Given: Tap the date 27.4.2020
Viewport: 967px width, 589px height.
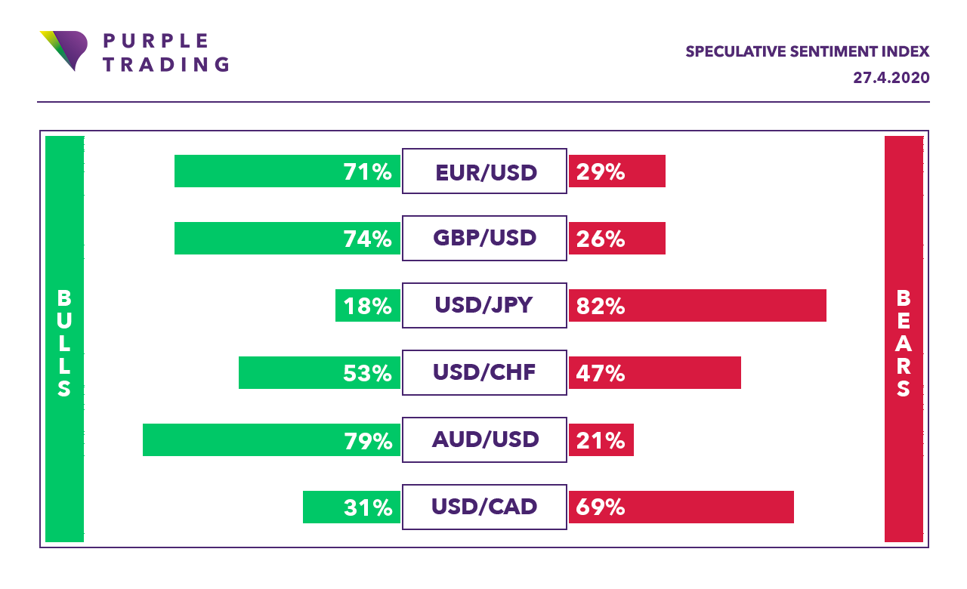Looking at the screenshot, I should point(891,78).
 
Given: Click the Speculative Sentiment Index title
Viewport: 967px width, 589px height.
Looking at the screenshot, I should point(807,51).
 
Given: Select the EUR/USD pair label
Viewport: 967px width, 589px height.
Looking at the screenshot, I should point(484,171).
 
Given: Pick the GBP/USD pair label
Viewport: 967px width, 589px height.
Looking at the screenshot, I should point(484,239).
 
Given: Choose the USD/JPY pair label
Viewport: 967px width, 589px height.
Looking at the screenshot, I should point(484,305).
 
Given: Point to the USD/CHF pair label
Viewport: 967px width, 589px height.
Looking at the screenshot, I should point(484,372).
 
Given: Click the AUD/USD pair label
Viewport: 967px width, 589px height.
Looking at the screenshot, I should point(484,439).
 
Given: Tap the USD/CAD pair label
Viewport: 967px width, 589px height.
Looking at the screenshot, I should point(484,507).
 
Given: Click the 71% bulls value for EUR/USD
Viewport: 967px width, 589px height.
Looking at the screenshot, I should point(367,172).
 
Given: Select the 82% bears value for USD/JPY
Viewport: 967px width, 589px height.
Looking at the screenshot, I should point(601,306).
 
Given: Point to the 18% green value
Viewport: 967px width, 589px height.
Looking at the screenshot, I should point(367,306).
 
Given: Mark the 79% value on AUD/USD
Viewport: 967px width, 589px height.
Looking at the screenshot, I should point(367,440).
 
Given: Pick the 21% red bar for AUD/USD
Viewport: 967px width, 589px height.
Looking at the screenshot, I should point(601,440).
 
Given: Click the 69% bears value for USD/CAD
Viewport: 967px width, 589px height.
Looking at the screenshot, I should point(601,507).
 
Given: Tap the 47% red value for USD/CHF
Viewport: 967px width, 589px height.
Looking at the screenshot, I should point(601,373).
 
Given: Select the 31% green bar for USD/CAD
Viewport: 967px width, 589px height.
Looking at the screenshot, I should point(351,507).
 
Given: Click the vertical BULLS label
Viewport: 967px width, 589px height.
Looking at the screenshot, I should point(64,343).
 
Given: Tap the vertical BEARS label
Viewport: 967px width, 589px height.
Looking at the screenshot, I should point(904,343).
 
